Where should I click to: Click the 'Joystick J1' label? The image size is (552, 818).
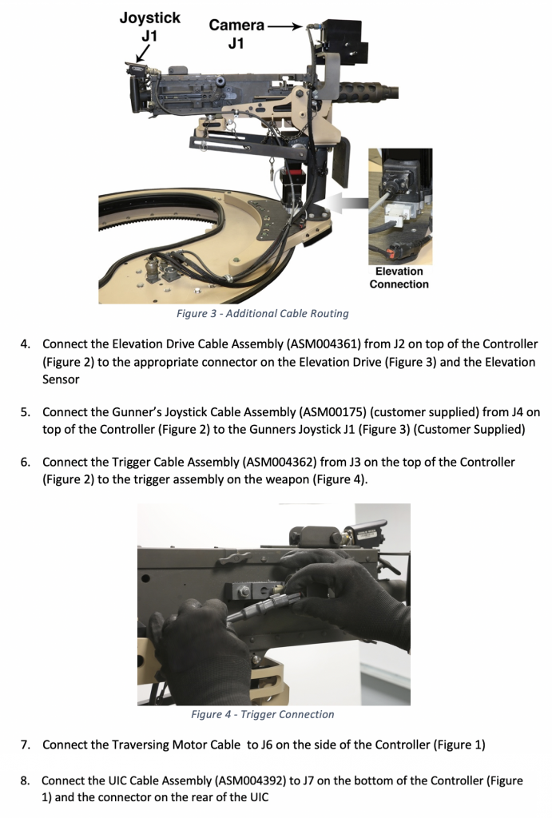tap(149, 26)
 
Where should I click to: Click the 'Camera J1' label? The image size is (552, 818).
tap(236, 34)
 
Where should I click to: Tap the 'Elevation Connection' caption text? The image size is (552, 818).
tap(399, 278)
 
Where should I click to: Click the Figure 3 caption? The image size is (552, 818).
tap(262, 314)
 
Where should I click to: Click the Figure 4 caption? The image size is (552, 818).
tap(262, 714)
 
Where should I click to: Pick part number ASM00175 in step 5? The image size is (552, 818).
tap(333, 412)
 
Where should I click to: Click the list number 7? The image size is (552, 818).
tap(26, 745)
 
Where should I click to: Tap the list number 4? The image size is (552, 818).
tap(26, 344)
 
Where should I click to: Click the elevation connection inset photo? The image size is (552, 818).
tap(399, 206)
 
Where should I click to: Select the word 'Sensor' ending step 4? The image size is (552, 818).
tap(61, 379)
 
